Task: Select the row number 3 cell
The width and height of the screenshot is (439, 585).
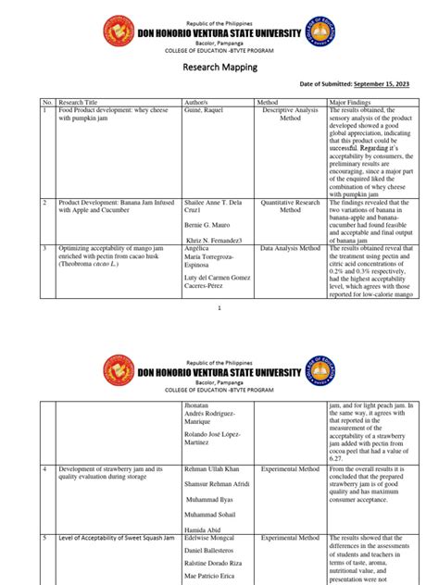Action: (x=44, y=249)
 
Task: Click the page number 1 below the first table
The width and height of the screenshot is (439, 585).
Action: (x=219, y=306)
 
